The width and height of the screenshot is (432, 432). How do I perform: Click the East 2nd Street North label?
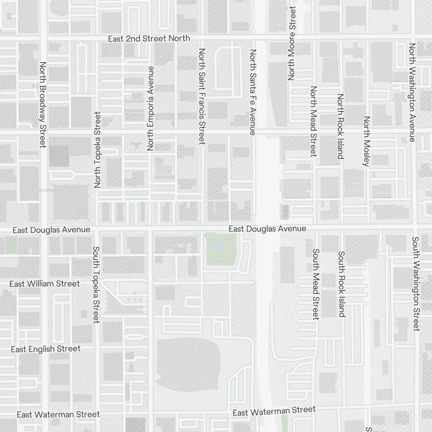point(149,38)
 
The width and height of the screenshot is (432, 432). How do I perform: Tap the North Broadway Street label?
point(42,105)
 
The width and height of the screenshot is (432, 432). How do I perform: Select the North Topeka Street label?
point(97,150)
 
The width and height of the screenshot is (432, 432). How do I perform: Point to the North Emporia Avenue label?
point(150,108)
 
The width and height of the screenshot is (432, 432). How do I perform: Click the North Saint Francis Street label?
point(201,96)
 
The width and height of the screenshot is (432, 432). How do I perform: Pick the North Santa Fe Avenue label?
point(253,92)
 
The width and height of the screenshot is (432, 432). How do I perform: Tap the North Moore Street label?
point(292,43)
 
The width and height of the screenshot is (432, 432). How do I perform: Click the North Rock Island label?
point(340,126)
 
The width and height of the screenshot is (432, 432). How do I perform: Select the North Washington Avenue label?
point(412,92)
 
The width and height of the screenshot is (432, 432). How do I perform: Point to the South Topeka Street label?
point(96,285)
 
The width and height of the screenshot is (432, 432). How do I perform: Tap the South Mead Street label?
point(316,284)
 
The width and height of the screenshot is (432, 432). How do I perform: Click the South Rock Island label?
point(342,284)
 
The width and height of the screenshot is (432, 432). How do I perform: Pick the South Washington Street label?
point(416,284)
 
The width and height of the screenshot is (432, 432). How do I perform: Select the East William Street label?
point(45,284)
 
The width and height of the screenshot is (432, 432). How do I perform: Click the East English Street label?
point(46,349)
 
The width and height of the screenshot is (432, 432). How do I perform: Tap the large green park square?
point(221,249)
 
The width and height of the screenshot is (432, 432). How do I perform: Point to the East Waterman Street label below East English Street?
point(58,415)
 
